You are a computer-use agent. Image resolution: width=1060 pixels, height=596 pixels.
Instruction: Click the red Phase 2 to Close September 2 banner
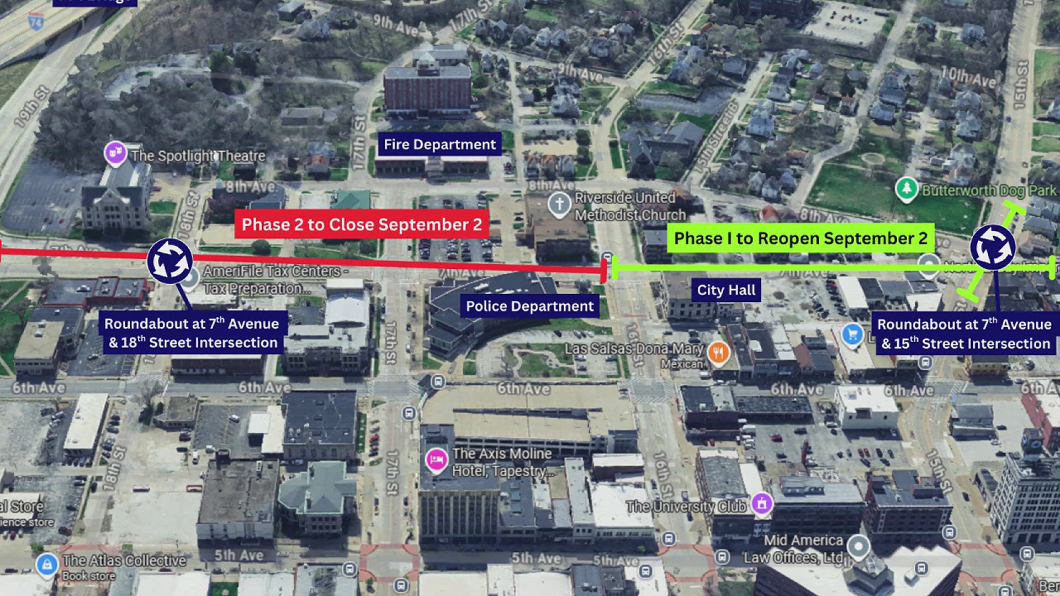(362, 224)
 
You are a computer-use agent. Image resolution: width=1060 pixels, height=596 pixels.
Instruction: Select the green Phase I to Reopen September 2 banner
(800, 238)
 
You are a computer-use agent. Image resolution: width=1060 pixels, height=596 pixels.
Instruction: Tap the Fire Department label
(439, 145)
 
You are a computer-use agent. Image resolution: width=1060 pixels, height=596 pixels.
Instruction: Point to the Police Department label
(529, 306)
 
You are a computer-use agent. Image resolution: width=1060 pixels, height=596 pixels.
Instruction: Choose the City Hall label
(726, 290)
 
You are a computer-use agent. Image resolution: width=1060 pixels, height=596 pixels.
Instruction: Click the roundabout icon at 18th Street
(169, 261)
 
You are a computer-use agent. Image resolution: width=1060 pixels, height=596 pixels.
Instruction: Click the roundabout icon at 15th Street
(993, 248)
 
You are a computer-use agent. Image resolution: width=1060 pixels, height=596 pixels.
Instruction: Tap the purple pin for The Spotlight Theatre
(115, 153)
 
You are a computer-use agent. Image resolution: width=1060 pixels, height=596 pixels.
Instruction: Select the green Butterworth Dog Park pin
(906, 189)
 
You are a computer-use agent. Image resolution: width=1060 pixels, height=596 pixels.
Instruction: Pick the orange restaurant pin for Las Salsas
(718, 352)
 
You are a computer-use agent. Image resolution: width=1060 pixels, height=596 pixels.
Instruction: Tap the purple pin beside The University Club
(762, 503)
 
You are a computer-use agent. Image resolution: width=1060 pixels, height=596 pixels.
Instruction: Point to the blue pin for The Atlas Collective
(47, 565)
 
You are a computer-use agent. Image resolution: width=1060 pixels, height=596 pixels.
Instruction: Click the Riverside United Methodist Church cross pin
(559, 204)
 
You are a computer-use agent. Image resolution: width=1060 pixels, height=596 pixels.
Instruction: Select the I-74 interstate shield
(36, 22)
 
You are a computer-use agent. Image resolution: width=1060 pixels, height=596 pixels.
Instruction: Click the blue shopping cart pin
(852, 334)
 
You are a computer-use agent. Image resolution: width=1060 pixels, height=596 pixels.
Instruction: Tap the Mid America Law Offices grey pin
(858, 546)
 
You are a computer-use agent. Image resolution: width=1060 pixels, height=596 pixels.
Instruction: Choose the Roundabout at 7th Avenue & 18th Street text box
(193, 333)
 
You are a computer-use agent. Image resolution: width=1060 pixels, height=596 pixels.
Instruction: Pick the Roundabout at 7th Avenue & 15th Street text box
(964, 334)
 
